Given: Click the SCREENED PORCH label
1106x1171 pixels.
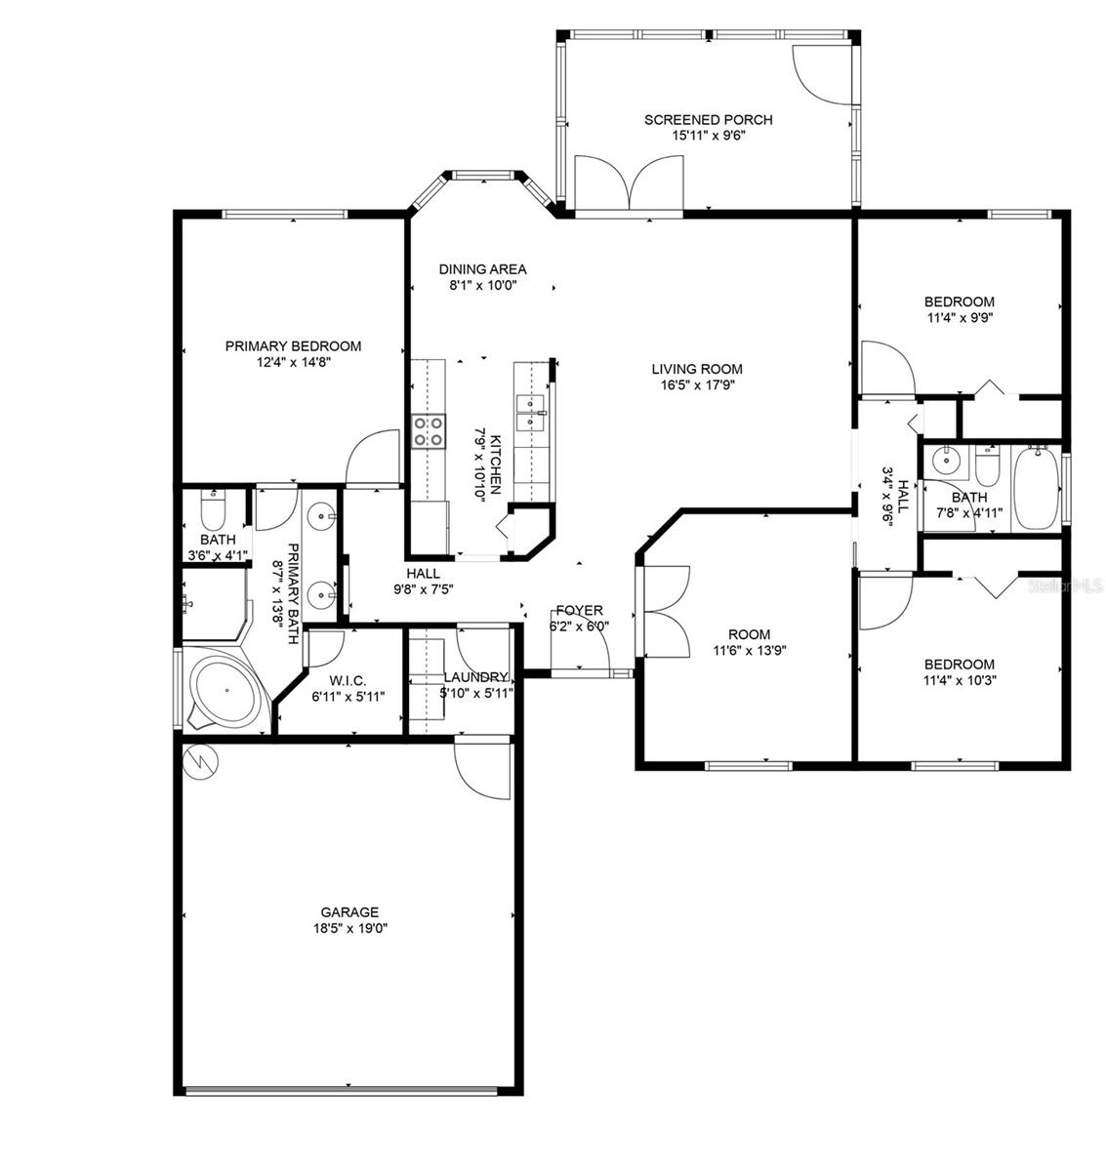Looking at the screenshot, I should click(708, 120).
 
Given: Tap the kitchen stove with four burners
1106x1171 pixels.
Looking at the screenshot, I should click(428, 431).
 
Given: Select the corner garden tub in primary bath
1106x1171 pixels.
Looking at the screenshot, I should click(224, 690).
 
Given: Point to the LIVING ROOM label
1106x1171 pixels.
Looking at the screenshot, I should click(697, 369).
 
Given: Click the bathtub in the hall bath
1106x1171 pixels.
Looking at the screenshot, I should click(1038, 487).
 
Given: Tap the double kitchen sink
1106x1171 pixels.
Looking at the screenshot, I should click(532, 413).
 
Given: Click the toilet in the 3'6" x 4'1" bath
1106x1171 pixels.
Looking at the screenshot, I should click(213, 511).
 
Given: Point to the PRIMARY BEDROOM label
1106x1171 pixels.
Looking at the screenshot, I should click(293, 345).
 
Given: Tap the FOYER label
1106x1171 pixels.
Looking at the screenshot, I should click(580, 611).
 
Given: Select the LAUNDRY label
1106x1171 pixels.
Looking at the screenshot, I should click(475, 677).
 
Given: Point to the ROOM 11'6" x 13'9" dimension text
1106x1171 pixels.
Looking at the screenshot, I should click(749, 652).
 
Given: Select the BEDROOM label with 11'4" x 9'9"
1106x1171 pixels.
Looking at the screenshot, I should click(960, 302).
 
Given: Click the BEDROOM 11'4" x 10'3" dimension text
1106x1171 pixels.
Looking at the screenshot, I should click(960, 681).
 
